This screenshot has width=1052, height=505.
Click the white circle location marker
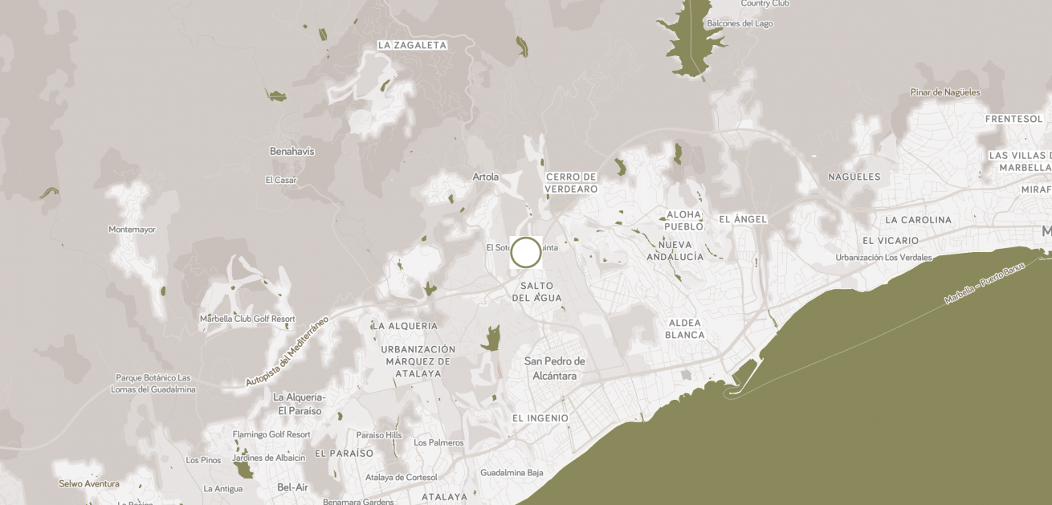coord(526,252)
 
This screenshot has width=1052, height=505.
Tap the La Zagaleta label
coord(412,46)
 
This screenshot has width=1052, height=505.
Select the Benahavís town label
coord(292,151)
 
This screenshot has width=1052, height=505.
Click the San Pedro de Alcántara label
coord(555,369)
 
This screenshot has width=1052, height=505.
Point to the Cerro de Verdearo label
coord(572,183)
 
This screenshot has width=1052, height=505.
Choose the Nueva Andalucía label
coord(675,250)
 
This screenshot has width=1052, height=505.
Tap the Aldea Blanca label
coord(685,329)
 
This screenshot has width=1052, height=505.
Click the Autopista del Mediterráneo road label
coord(287,352)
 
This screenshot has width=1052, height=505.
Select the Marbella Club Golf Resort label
coord(247,319)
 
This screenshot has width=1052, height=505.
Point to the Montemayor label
coord(132,230)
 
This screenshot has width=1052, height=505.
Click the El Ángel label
coord(743,219)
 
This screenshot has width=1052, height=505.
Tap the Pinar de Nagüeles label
coord(945,92)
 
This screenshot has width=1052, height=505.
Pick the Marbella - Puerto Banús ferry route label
coord(985,283)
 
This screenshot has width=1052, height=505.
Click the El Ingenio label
coord(540,418)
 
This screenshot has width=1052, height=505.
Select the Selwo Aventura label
coord(89,484)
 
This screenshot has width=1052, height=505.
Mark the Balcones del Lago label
coord(740,24)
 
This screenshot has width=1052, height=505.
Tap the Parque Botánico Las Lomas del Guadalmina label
coord(153,384)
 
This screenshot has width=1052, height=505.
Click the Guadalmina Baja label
coord(512,473)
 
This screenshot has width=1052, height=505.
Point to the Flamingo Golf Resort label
coord(271,434)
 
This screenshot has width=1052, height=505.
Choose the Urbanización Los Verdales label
coord(883,258)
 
